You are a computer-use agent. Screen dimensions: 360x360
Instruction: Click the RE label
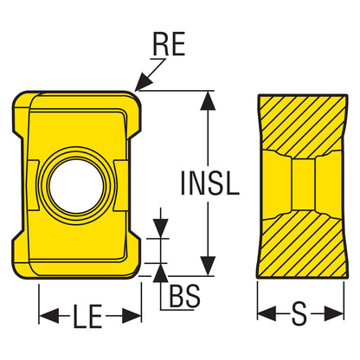click(169, 44)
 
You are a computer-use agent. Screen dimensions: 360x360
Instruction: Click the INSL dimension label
click(209, 183)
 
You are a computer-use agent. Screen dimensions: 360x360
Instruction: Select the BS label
click(184, 296)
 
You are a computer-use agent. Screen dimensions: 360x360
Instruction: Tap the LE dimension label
click(87, 317)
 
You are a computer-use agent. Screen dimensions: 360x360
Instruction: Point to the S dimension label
click(299, 313)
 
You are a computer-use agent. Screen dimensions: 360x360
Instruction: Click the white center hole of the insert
click(76, 186)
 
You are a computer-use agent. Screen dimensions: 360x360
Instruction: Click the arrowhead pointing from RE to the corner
click(144, 82)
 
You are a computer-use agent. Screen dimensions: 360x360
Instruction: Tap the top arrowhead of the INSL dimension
click(208, 100)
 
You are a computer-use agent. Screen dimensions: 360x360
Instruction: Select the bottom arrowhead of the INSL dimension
click(208, 266)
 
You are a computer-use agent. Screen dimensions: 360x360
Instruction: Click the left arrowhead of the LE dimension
click(48, 315)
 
